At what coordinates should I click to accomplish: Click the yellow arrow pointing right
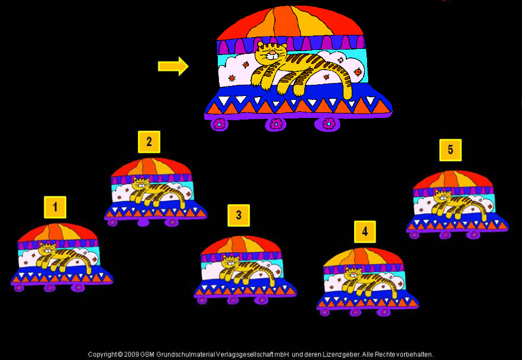click(x=173, y=66)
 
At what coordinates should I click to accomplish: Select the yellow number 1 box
click(x=55, y=207)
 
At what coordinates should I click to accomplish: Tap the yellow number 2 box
click(x=149, y=142)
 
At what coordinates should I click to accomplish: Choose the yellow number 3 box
click(x=239, y=216)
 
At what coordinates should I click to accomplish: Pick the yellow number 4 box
click(x=365, y=232)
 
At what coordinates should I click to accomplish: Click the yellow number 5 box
click(x=450, y=150)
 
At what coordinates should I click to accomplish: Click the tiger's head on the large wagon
click(x=271, y=53)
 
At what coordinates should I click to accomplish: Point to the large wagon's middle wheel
click(x=276, y=124)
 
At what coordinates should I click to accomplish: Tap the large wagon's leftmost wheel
click(x=219, y=124)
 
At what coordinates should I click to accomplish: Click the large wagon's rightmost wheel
click(x=328, y=124)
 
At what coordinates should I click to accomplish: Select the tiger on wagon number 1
click(x=63, y=258)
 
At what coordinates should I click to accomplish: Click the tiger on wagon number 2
click(x=157, y=193)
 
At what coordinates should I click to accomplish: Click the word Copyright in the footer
click(x=103, y=355)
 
